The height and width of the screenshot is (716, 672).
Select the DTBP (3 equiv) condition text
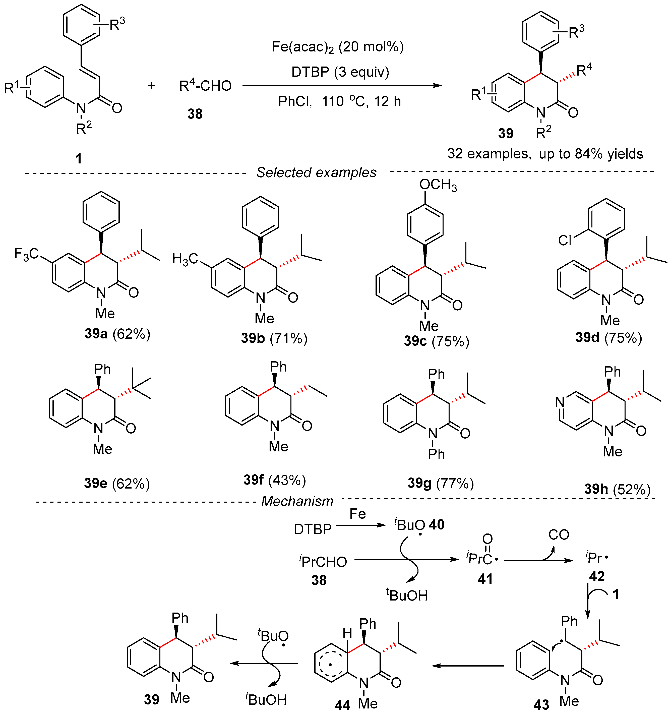point(340,72)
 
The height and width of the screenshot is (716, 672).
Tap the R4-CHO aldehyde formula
point(205,86)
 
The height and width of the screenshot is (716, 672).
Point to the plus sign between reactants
point(151,86)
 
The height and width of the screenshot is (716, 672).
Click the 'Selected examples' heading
point(316,172)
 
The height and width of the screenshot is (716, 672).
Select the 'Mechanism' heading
point(297,501)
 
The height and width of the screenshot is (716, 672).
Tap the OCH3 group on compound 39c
point(438,185)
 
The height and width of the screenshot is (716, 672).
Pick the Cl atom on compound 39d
point(565,240)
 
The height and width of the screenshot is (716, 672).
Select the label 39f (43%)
point(274,480)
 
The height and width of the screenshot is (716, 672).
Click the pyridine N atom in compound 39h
point(559,402)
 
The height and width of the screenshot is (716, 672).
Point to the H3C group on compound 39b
point(185,259)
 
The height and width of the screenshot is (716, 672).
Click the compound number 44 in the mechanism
point(342,705)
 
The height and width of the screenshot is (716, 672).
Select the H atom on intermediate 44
point(347,633)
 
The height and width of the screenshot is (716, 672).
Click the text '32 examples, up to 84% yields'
point(545,154)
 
